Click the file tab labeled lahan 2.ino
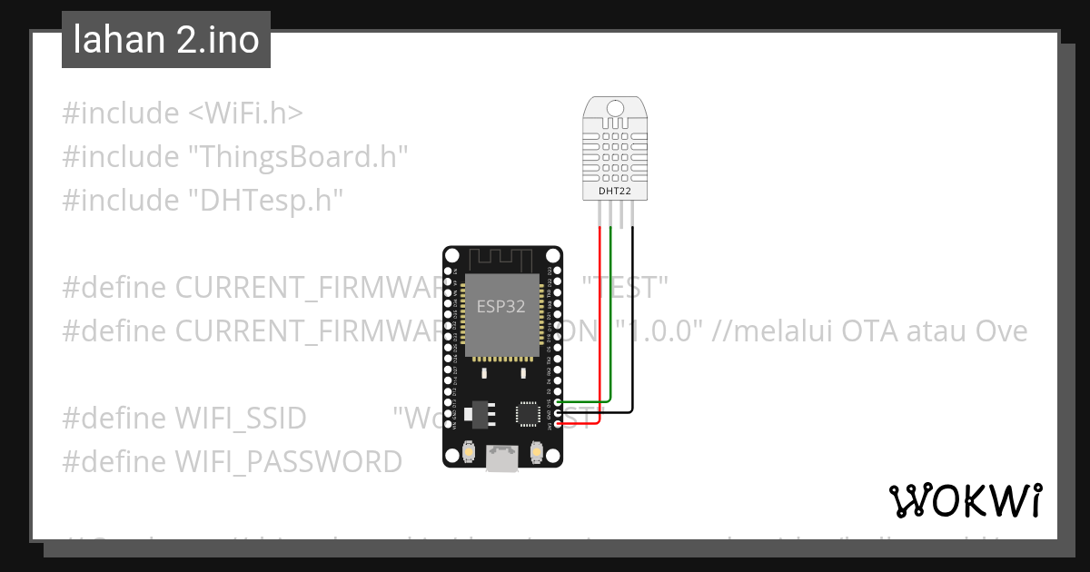166,40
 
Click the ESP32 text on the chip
501,306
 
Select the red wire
599,318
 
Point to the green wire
611,318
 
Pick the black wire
632,318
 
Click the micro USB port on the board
502,459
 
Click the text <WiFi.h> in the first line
245,113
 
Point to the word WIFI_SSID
241,419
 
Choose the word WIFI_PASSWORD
288,462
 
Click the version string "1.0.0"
661,331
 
